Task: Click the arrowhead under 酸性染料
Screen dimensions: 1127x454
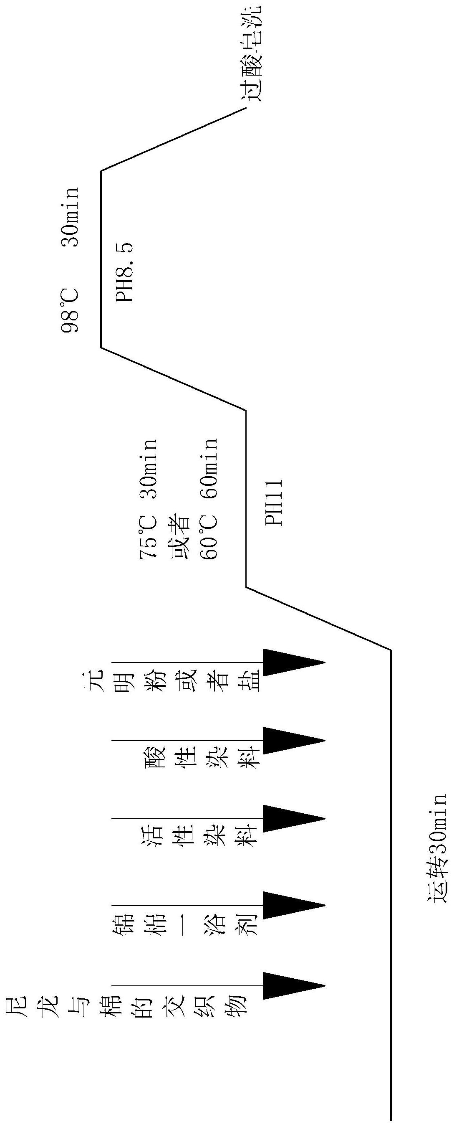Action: [293, 741]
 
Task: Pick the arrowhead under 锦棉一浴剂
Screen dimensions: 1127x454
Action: [293, 905]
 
